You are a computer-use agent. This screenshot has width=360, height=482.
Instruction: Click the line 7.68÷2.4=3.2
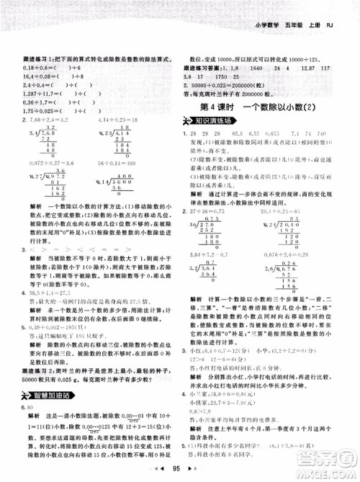[x=56, y=119]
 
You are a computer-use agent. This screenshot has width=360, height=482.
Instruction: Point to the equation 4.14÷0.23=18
[x=119, y=119]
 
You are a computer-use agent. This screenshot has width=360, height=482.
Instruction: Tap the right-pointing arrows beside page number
[x=192, y=470]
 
